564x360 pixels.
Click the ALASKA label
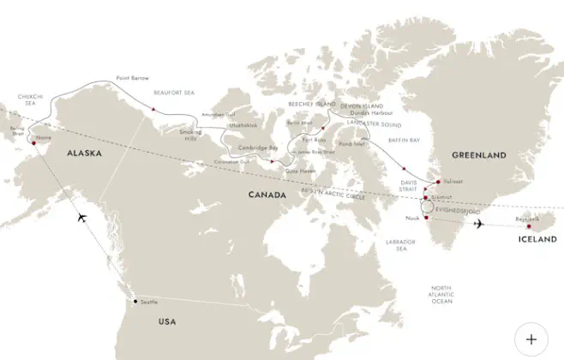point(85,153)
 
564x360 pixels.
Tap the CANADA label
point(268,195)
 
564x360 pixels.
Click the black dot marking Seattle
point(134,302)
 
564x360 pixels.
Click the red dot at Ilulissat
point(438,182)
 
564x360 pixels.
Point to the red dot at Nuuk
point(425,218)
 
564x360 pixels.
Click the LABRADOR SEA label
point(399,244)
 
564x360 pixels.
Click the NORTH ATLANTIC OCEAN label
point(441,294)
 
